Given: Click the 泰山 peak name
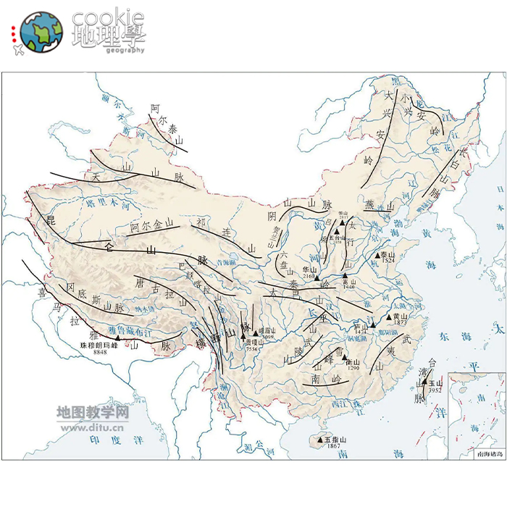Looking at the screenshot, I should pos(389,255).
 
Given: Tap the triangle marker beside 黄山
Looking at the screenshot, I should pos(387,317).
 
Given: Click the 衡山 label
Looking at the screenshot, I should pos(353,362).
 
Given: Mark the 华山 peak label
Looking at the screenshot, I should pos(310,269).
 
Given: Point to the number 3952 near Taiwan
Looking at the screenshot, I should pos(435,390).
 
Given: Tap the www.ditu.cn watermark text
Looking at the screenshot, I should pos(91,427).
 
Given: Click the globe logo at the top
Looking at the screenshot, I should pos(41,32).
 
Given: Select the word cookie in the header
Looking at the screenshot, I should pos(109,17).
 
